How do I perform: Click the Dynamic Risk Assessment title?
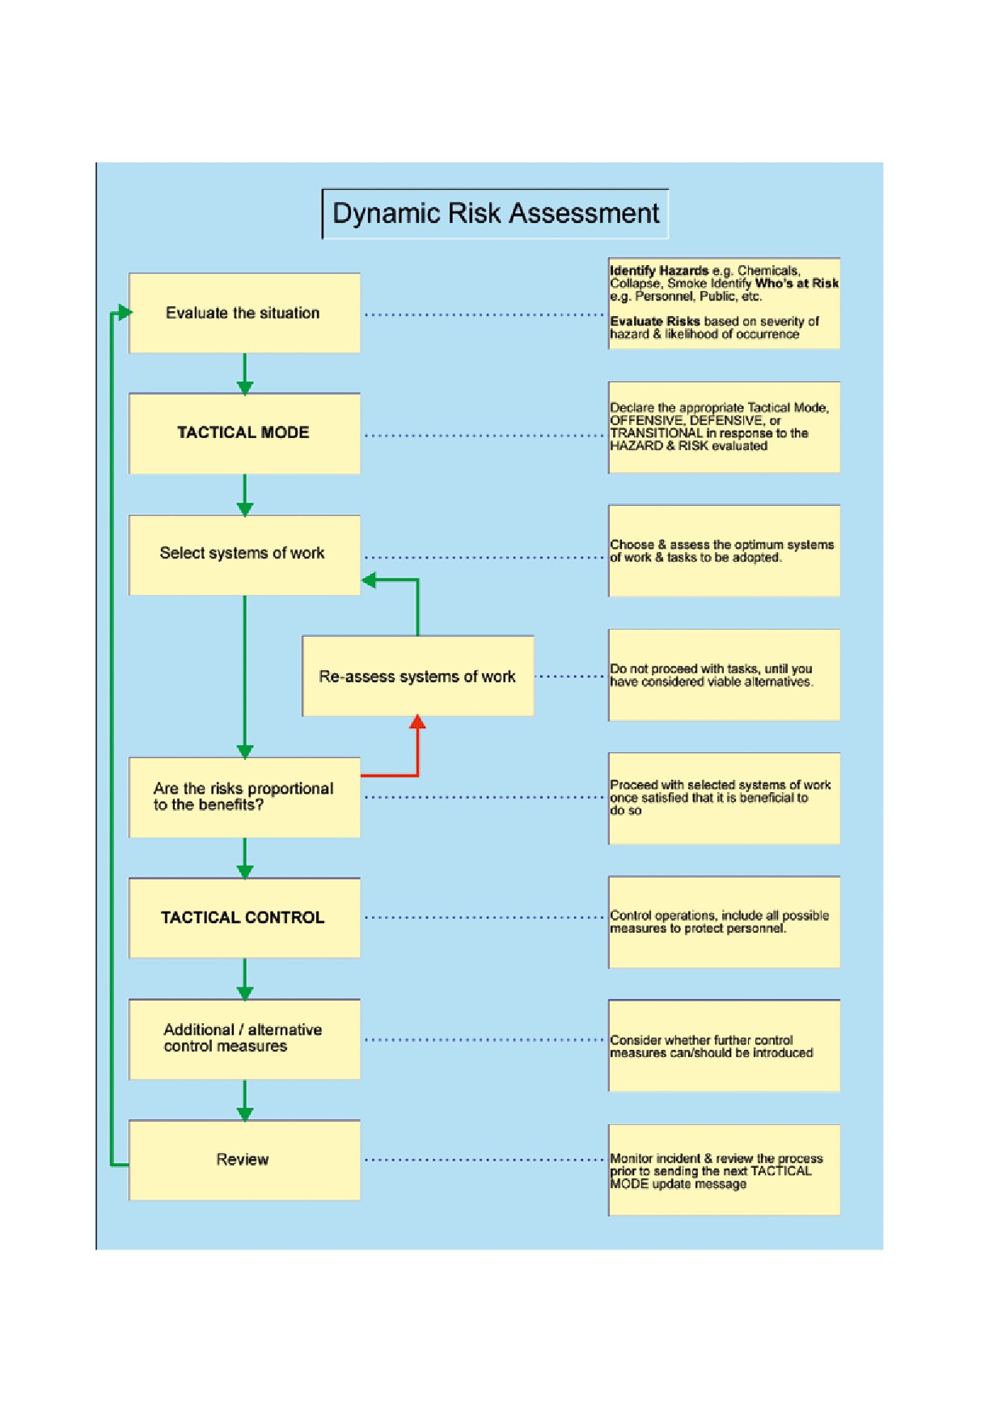(495, 213)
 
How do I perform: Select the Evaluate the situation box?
(244, 313)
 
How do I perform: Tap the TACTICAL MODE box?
(244, 433)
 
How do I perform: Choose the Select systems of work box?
(244, 554)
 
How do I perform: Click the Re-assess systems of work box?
(418, 676)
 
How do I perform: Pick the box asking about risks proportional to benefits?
(244, 797)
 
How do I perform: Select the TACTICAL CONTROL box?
(244, 918)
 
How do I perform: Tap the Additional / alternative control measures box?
(244, 1039)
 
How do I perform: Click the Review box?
(244, 1160)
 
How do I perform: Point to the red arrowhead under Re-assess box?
(417, 722)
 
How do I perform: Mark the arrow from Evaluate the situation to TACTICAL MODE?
(245, 373)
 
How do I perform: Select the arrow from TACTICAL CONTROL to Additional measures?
(245, 979)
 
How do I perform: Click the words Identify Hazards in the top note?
(659, 271)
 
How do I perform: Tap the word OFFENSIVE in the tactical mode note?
(646, 420)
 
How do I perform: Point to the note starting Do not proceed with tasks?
(724, 675)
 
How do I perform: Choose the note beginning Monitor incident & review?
(724, 1169)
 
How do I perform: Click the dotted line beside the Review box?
(484, 1160)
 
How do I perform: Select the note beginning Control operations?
(724, 922)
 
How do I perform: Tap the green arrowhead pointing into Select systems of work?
(369, 579)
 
